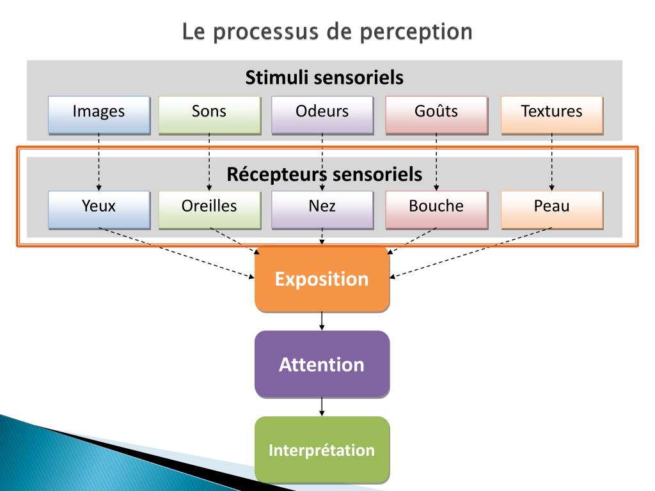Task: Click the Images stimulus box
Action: (x=99, y=114)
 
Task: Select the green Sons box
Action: (x=209, y=114)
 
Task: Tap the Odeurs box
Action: (x=322, y=114)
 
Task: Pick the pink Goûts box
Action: (x=436, y=114)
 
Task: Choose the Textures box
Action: (x=551, y=114)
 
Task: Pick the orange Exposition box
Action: (x=322, y=279)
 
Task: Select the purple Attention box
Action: (x=322, y=364)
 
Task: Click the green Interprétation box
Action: (x=322, y=449)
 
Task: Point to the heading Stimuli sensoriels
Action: (x=324, y=78)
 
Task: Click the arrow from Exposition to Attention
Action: (x=322, y=320)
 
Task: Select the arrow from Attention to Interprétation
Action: (x=322, y=406)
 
